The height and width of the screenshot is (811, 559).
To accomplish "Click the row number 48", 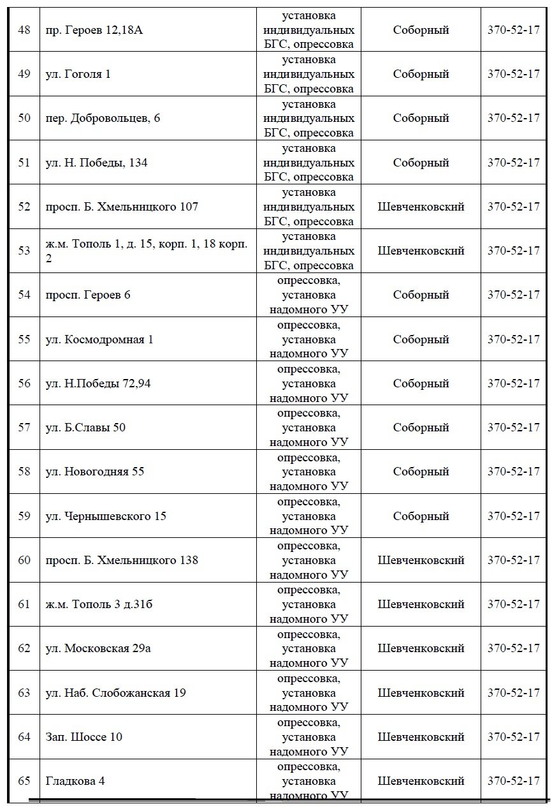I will tap(24, 30).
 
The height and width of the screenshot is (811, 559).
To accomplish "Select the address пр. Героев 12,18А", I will tap(94, 30).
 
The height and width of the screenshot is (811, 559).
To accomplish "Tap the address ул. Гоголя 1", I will tap(78, 74).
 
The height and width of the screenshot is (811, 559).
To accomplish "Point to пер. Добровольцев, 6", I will tap(103, 118).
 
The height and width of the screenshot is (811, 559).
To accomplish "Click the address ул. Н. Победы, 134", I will tap(97, 163).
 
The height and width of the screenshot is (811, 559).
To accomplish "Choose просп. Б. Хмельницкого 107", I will tap(122, 207).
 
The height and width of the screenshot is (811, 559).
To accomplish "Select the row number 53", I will tap(24, 251).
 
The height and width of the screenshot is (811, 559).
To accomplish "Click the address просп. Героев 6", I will tap(89, 295).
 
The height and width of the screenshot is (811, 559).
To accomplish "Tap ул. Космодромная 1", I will tap(100, 339).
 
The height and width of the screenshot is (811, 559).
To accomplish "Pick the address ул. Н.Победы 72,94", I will tap(99, 383).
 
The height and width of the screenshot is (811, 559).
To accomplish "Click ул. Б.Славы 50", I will tap(86, 428).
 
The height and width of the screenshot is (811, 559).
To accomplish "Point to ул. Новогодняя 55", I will tap(96, 472).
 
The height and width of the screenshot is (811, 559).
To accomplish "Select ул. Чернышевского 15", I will tap(106, 516).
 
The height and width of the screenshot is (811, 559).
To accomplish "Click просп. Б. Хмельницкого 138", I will tap(122, 560).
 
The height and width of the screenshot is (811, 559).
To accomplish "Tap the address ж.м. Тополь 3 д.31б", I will tap(99, 604).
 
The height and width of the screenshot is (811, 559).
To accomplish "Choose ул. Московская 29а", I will tap(99, 649).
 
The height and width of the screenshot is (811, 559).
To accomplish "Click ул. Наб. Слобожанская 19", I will tap(116, 693).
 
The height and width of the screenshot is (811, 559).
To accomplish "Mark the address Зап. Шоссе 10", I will tap(84, 737).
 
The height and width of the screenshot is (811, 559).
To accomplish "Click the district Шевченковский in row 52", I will tap(421, 207).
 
